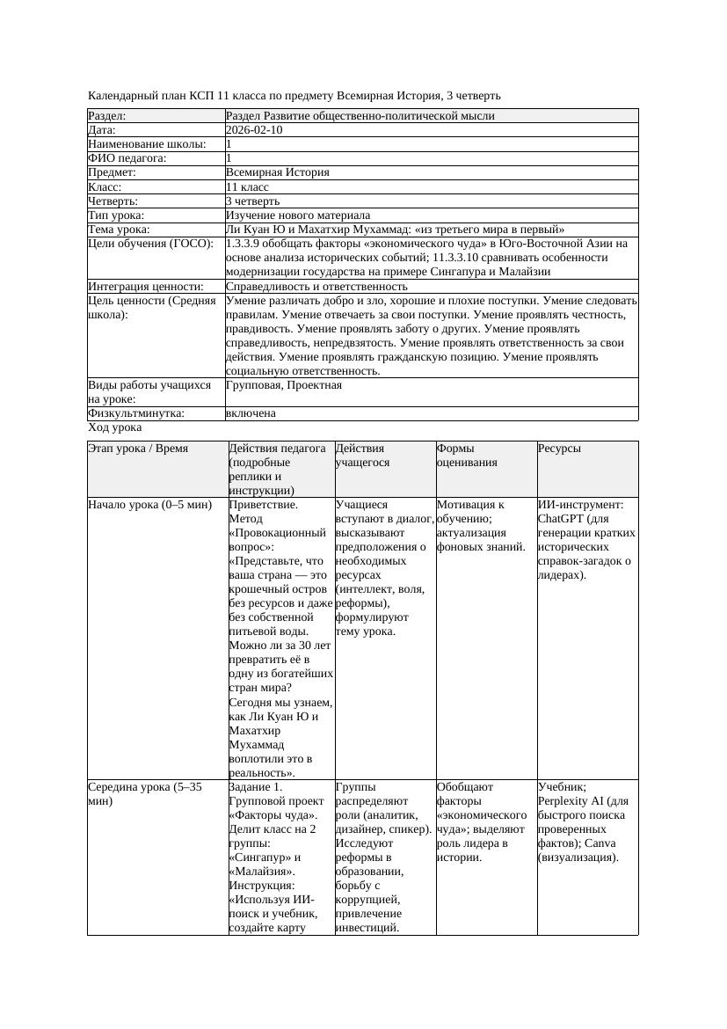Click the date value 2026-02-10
(x=254, y=130)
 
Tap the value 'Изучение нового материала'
(x=298, y=215)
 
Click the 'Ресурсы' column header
(x=559, y=449)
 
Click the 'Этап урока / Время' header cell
(x=138, y=449)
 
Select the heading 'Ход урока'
(x=115, y=427)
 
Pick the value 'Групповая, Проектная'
(x=284, y=385)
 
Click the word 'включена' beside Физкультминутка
(x=251, y=413)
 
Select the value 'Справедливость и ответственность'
(x=316, y=287)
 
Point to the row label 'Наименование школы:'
(x=147, y=144)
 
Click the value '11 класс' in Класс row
(x=247, y=187)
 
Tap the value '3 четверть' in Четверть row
(x=252, y=201)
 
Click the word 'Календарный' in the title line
(x=123, y=96)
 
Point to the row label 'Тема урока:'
(x=119, y=230)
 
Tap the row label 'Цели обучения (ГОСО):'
(x=150, y=244)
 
